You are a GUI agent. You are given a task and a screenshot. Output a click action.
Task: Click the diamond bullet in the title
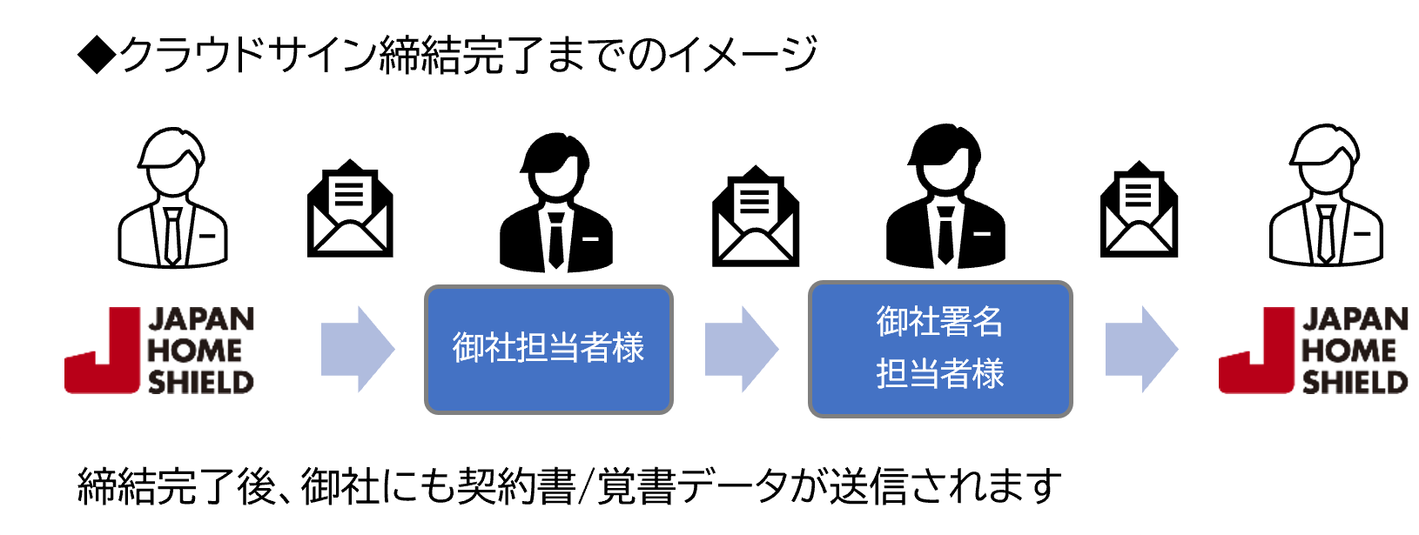click(x=97, y=55)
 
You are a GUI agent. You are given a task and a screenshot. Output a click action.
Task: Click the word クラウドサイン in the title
click(x=247, y=55)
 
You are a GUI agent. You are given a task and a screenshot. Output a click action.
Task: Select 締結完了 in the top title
click(x=461, y=55)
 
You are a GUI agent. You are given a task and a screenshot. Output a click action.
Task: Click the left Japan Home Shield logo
click(x=159, y=351)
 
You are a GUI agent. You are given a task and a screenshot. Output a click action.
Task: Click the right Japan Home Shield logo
click(x=1313, y=351)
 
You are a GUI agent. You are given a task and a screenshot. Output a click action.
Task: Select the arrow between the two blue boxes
click(x=741, y=349)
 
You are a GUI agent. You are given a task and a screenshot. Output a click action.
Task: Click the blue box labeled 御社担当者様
click(x=548, y=349)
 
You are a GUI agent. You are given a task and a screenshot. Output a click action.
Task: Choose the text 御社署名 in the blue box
click(x=939, y=322)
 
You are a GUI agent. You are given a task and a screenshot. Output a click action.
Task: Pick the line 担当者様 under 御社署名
click(x=939, y=374)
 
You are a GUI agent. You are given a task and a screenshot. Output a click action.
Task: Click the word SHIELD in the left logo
click(x=200, y=382)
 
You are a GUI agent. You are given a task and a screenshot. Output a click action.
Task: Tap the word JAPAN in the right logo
click(x=1355, y=320)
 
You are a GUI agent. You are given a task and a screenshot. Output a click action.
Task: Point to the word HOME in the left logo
click(x=194, y=351)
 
